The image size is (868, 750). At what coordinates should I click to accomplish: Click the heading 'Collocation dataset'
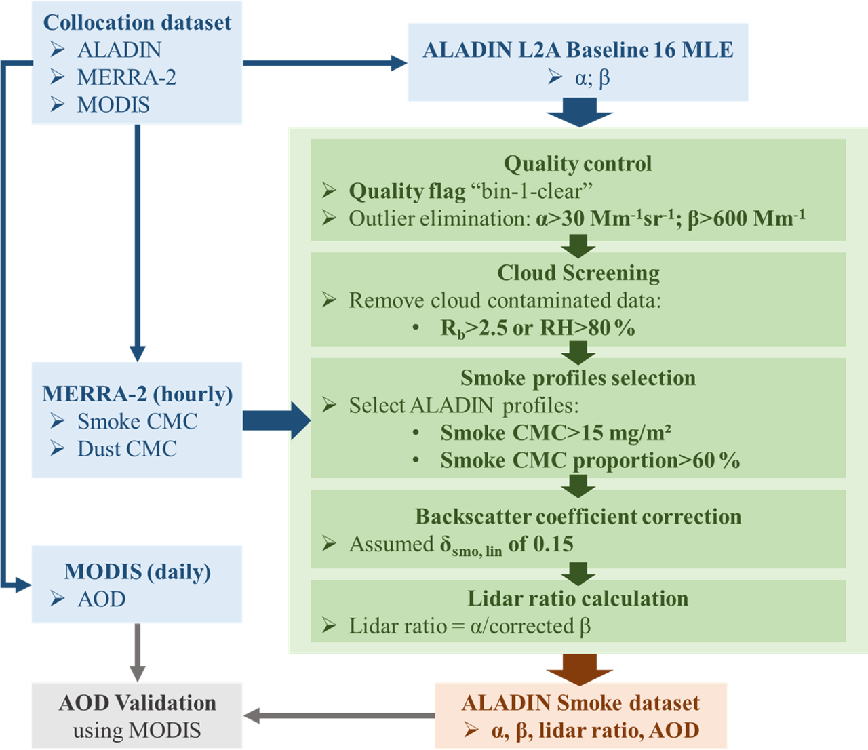click(x=137, y=22)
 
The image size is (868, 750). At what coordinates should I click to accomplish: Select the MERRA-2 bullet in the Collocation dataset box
click(x=126, y=77)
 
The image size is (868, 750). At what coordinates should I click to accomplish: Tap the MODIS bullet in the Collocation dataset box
click(x=113, y=104)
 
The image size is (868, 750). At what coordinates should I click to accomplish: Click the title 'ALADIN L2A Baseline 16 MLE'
click(x=578, y=50)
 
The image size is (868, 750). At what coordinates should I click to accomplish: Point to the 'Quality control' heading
click(x=578, y=163)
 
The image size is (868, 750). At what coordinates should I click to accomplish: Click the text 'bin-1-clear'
click(x=532, y=191)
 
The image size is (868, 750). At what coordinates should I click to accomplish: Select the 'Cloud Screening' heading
click(x=578, y=273)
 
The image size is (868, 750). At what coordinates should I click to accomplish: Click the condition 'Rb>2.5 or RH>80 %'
click(x=538, y=328)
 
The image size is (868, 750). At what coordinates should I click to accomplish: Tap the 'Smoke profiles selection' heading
click(x=578, y=378)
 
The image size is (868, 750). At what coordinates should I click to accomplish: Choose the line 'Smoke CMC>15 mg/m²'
click(x=555, y=433)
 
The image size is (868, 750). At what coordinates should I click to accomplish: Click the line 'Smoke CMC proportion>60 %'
click(x=590, y=460)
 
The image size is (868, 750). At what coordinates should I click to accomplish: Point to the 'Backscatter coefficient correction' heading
click(x=578, y=517)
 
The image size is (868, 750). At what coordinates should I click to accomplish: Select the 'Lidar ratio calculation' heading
click(x=578, y=598)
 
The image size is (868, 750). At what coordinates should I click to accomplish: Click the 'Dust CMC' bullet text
click(x=127, y=449)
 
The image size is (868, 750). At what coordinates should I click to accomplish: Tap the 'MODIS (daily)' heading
click(x=137, y=572)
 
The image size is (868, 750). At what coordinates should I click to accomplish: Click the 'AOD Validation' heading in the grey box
click(x=137, y=703)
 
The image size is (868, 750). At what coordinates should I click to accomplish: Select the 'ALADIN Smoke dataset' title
click(x=580, y=703)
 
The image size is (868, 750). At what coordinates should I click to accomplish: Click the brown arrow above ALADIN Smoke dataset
click(x=580, y=669)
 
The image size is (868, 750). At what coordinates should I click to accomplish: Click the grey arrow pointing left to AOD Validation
click(x=339, y=715)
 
